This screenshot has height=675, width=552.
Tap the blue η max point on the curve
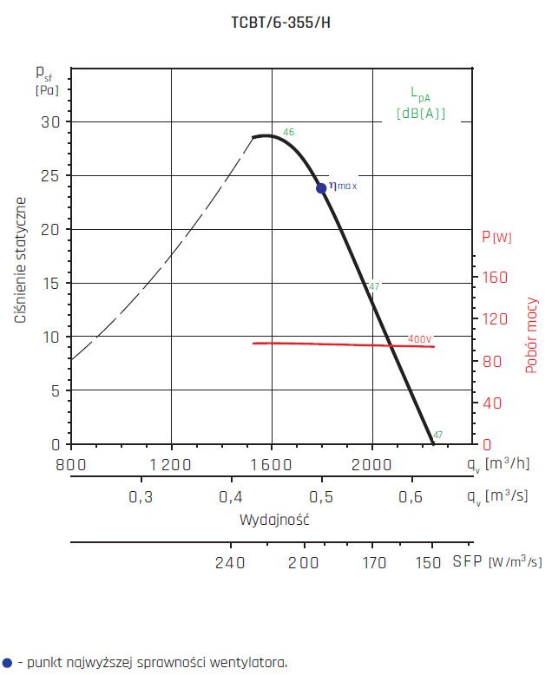click(x=321, y=187)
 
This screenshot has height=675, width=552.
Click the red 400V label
click(x=419, y=338)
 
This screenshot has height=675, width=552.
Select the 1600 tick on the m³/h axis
click(x=272, y=466)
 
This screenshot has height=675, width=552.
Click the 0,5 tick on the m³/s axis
click(x=321, y=497)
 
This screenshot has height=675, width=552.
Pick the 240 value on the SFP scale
click(x=230, y=563)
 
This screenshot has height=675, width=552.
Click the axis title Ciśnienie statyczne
click(x=20, y=260)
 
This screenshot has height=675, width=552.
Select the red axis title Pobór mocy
click(x=532, y=336)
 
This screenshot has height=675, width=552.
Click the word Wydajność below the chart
click(x=274, y=521)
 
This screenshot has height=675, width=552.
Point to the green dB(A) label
click(x=420, y=113)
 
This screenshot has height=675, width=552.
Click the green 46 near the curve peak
click(x=288, y=132)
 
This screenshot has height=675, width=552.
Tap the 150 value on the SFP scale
click(x=428, y=563)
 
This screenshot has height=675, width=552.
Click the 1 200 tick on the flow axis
click(x=171, y=466)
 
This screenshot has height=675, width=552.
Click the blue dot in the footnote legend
click(x=8, y=662)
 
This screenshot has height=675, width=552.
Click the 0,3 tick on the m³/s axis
click(x=141, y=497)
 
